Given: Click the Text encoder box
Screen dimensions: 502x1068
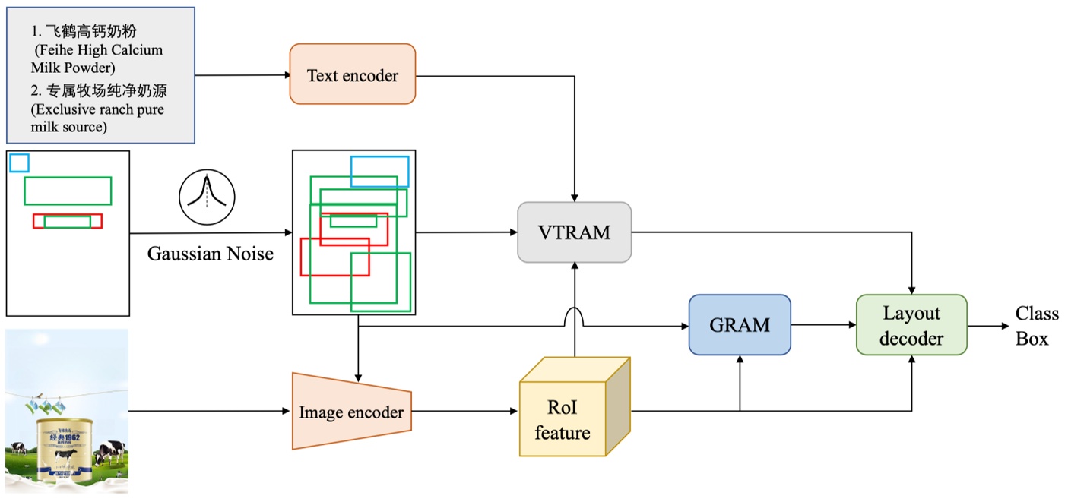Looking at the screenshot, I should click(353, 74).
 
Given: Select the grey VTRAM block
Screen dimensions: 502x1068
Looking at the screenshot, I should click(574, 232).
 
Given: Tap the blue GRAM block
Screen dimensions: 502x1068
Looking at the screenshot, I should click(740, 325).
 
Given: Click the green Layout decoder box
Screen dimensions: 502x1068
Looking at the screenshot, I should click(911, 325).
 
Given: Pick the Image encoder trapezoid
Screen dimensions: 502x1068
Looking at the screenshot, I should click(351, 412).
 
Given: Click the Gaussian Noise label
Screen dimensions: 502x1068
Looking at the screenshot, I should click(211, 254).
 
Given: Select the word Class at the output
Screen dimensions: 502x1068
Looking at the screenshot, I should click(1037, 314).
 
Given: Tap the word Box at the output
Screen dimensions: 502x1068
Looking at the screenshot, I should click(1032, 339).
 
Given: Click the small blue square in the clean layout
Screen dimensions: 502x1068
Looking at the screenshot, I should click(20, 163).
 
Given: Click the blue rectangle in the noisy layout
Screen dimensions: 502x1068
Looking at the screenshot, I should click(379, 172).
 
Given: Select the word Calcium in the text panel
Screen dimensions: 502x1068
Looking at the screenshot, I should click(138, 51).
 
